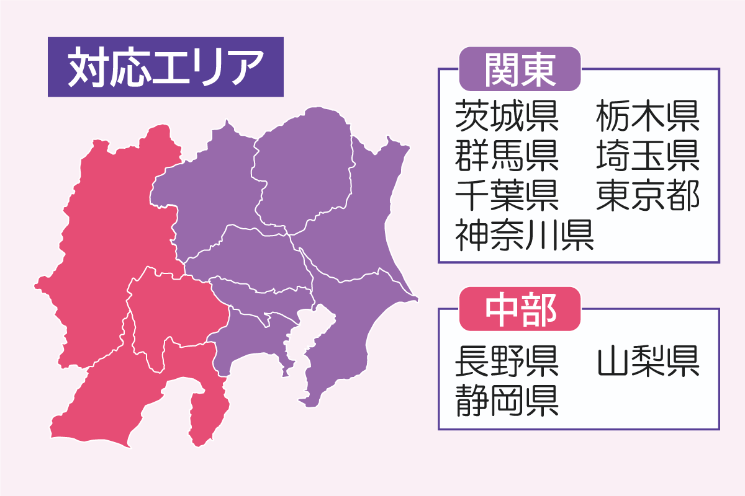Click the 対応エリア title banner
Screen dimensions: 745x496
coord(165,67)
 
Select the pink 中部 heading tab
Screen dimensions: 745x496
coord(519,308)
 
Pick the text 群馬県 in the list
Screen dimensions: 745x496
coord(507,156)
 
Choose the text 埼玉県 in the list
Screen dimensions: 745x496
coord(648,156)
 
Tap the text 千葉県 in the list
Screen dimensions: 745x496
coord(507,195)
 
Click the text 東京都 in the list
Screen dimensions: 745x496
coord(648,195)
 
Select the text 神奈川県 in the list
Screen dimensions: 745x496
coord(525,235)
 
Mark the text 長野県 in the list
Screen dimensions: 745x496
coord(507,361)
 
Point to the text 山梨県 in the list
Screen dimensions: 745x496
coord(648,361)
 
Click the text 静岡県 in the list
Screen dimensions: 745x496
coord(507,401)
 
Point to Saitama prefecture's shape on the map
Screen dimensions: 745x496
coord(248,254)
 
